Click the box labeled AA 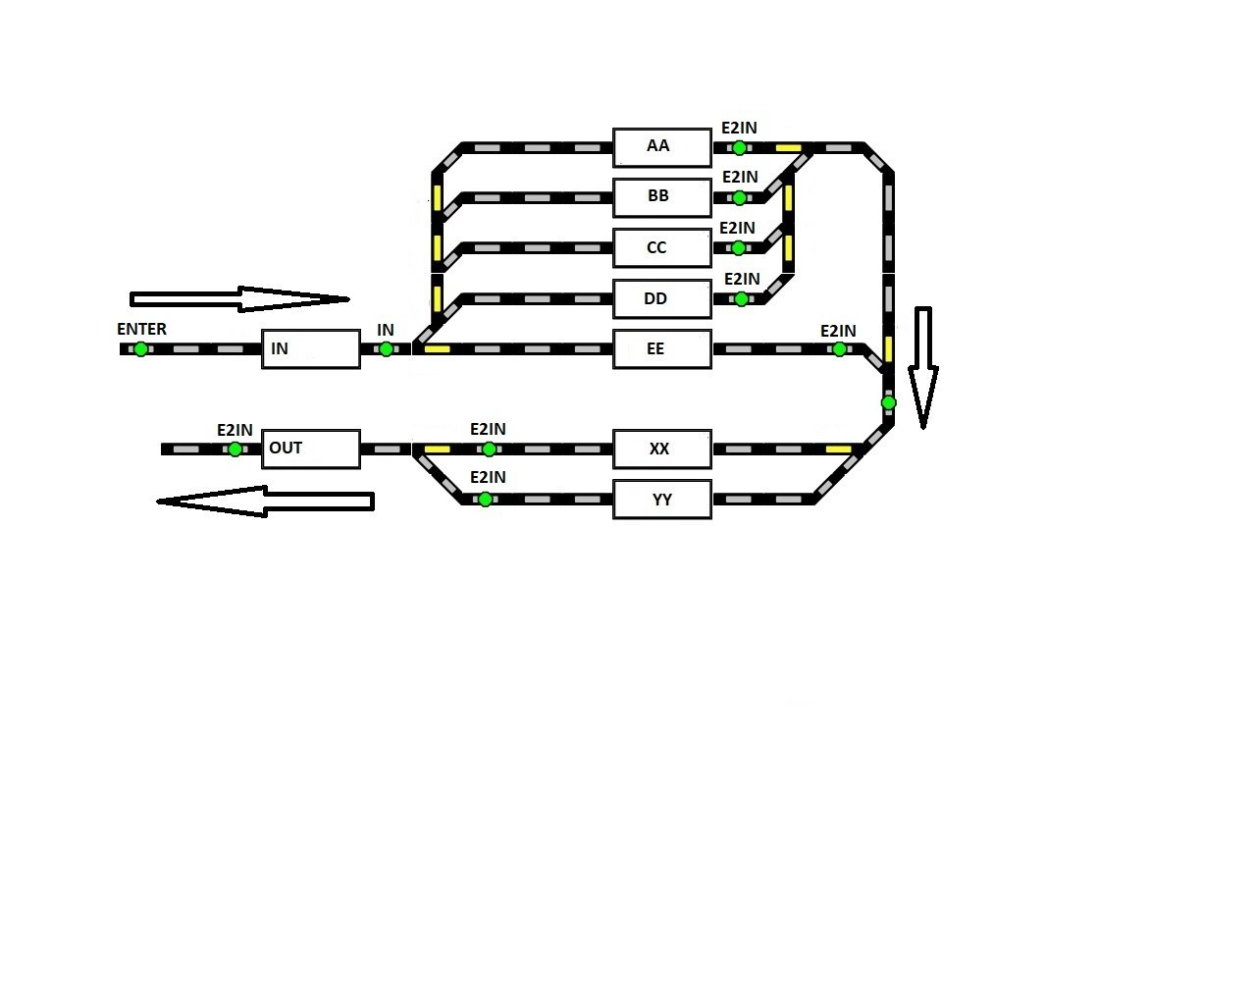coord(662,147)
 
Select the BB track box coord(662,197)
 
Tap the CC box coord(662,248)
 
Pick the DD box coord(662,299)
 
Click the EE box coord(662,349)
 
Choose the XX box coord(662,450)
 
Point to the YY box coord(662,500)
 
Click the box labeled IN coord(310,349)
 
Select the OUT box coord(310,450)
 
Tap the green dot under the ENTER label coord(141,349)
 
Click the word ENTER coord(141,329)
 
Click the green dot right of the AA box coord(739,148)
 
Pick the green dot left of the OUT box coord(235,450)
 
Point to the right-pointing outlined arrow coord(238,298)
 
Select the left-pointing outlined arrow coord(265,502)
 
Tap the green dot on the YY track coord(485,500)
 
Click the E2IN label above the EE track coord(838,332)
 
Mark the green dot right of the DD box coord(742,299)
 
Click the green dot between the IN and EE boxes coord(387,349)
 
